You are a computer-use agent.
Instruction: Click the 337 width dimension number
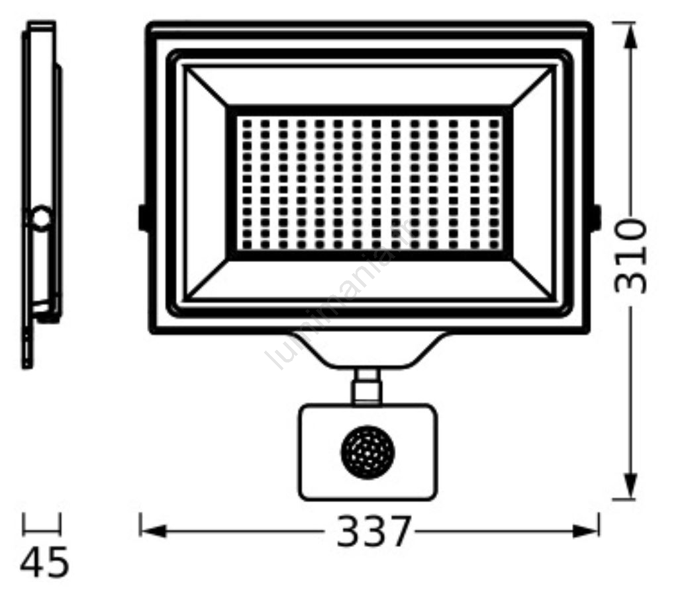pos(374,531)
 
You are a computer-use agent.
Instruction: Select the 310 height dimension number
pos(630,257)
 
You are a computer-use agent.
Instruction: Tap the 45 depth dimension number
pos(44,562)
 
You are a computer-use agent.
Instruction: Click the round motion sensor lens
pos(367,452)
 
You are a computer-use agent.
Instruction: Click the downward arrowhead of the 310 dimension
pos(630,485)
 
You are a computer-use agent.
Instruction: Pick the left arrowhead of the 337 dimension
pos(153,531)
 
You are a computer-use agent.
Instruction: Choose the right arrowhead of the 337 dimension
pos(585,531)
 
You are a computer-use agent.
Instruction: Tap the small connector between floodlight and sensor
pos(367,387)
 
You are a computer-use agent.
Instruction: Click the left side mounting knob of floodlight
pos(142,217)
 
